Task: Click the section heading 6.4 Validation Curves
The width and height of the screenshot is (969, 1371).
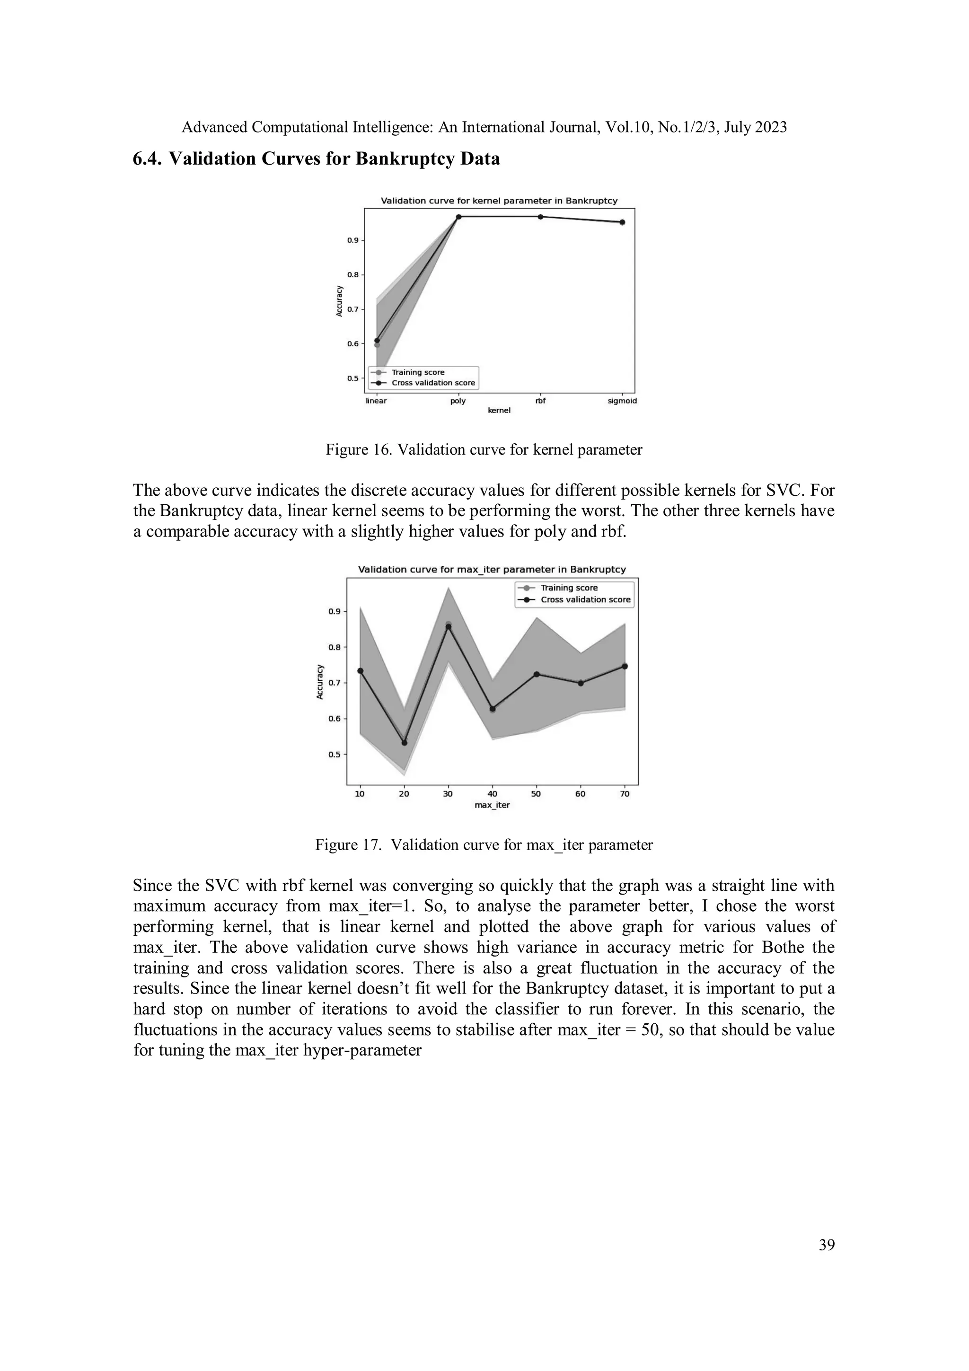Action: click(x=316, y=159)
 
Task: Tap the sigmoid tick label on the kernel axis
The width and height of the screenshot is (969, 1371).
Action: click(x=622, y=401)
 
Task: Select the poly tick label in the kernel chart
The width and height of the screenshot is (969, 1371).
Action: click(x=458, y=401)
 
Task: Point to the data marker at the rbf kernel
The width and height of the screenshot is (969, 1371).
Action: click(x=540, y=217)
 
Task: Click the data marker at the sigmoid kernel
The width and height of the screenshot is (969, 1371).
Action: click(x=622, y=222)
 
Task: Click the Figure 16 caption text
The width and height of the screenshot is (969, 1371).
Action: click(x=484, y=449)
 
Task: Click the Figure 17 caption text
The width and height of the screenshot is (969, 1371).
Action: click(x=484, y=845)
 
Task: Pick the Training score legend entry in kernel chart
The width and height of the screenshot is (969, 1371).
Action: click(x=418, y=372)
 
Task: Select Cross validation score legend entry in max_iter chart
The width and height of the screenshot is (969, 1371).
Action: click(x=585, y=599)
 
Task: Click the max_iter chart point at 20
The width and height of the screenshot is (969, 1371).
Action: click(x=404, y=743)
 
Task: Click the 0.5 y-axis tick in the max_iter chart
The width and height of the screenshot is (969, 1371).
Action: click(x=334, y=754)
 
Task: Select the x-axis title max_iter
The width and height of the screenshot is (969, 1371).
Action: click(x=492, y=805)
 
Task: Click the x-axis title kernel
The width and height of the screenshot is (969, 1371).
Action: click(x=499, y=410)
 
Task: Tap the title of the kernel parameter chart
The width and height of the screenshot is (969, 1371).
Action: click(x=499, y=201)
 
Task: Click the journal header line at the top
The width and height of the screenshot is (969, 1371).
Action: click(x=484, y=127)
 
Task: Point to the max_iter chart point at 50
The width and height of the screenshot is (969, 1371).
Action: click(x=536, y=674)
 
